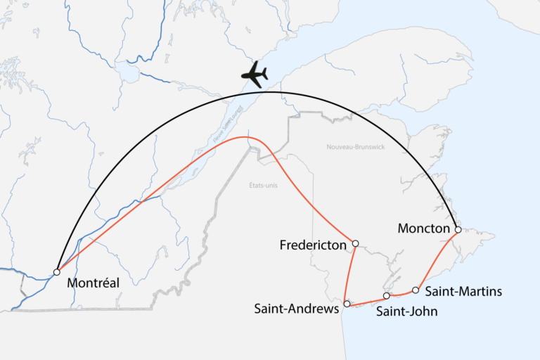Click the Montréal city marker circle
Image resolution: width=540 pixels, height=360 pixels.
click(x=57, y=272)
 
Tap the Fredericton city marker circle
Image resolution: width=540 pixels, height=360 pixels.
click(x=355, y=243)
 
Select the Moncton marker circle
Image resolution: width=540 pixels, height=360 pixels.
click(x=458, y=230)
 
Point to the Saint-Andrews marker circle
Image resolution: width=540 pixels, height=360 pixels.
click(x=346, y=304)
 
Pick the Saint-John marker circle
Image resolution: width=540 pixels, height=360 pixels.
click(x=386, y=296)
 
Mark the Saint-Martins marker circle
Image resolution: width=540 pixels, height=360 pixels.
click(x=416, y=290)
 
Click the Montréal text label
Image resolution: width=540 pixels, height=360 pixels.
click(x=93, y=283)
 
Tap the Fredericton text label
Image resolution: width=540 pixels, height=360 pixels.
click(x=313, y=245)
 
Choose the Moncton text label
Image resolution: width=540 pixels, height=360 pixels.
click(x=423, y=229)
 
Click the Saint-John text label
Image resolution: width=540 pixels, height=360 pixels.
click(x=407, y=311)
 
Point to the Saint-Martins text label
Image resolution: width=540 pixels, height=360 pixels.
click(x=463, y=291)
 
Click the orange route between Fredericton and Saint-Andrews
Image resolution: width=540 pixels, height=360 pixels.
click(x=350, y=274)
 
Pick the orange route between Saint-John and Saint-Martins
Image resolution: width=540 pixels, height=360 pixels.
click(x=401, y=294)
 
